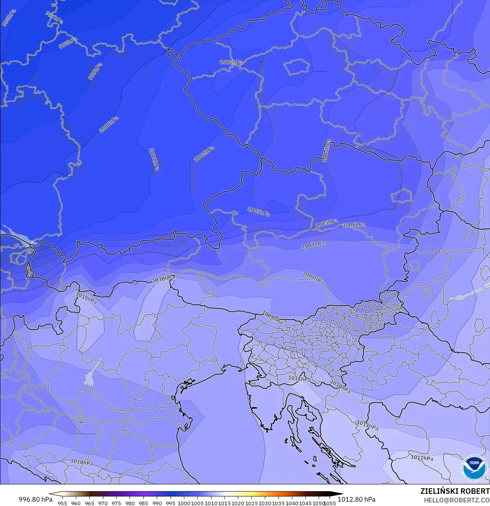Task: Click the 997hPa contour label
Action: (54, 18)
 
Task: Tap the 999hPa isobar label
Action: (95, 72)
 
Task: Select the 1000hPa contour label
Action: (108, 125)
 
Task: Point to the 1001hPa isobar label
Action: (154, 159)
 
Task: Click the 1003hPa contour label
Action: (258, 212)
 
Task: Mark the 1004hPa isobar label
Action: (326, 151)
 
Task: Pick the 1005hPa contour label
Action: (327, 223)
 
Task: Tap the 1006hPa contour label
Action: (354, 225)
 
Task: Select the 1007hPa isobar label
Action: (313, 245)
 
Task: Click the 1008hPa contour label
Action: (313, 277)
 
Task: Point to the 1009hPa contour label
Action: (272, 317)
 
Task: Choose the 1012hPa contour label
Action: (422, 458)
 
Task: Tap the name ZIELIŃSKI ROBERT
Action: (455, 491)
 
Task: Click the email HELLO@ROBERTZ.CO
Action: (457, 500)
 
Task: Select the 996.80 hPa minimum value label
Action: (35, 499)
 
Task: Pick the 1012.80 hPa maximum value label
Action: (356, 499)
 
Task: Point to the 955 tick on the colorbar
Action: (62, 503)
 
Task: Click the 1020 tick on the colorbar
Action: (238, 503)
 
